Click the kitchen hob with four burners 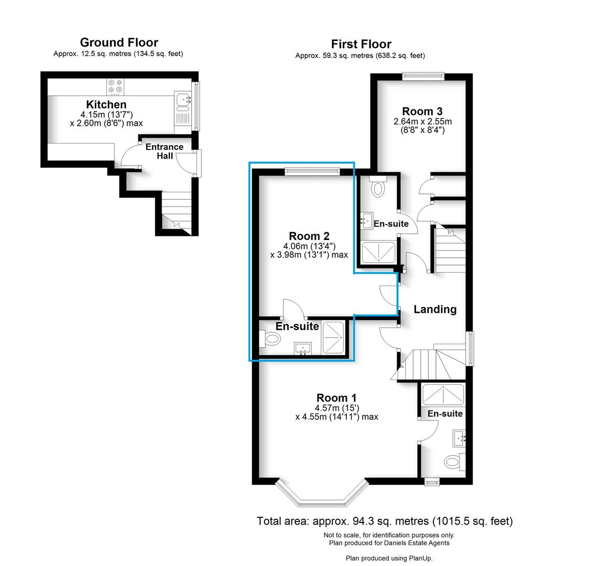[116, 86]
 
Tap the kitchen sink [182, 98]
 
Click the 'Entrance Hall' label [164, 151]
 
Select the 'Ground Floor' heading [118, 42]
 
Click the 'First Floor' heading [361, 44]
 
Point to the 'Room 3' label [422, 111]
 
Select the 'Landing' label [434, 309]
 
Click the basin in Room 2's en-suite [302, 349]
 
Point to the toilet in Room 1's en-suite [452, 462]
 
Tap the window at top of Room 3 [423, 77]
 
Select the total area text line [385, 521]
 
